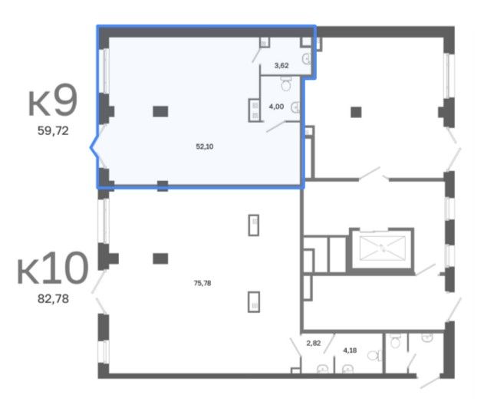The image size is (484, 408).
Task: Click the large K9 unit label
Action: [x=53, y=100]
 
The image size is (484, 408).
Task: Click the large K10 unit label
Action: [x=53, y=268]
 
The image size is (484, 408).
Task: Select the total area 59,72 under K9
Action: [x=53, y=131]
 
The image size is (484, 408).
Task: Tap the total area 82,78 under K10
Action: [x=53, y=299]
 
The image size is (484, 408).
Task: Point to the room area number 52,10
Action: [x=205, y=146]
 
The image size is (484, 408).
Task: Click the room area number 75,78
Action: [x=202, y=283]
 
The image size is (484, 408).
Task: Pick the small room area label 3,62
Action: [x=282, y=65]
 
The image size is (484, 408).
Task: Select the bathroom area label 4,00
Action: [x=276, y=107]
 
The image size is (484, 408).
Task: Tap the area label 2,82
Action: [x=313, y=343]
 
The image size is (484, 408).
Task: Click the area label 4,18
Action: [x=350, y=350]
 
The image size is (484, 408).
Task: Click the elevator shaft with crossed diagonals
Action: [x=383, y=248]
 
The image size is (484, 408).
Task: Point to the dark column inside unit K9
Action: [x=160, y=111]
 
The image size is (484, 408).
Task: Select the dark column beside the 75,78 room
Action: [x=160, y=258]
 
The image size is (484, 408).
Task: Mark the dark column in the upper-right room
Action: [x=356, y=112]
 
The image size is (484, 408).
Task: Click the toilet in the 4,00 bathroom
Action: [x=286, y=84]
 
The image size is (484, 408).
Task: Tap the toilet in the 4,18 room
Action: [x=374, y=356]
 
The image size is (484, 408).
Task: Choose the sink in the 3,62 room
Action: [x=307, y=58]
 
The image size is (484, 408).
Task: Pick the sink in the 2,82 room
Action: [x=323, y=369]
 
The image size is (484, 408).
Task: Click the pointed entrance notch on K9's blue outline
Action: [x=91, y=147]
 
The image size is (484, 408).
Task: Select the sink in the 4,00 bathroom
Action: [x=296, y=107]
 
